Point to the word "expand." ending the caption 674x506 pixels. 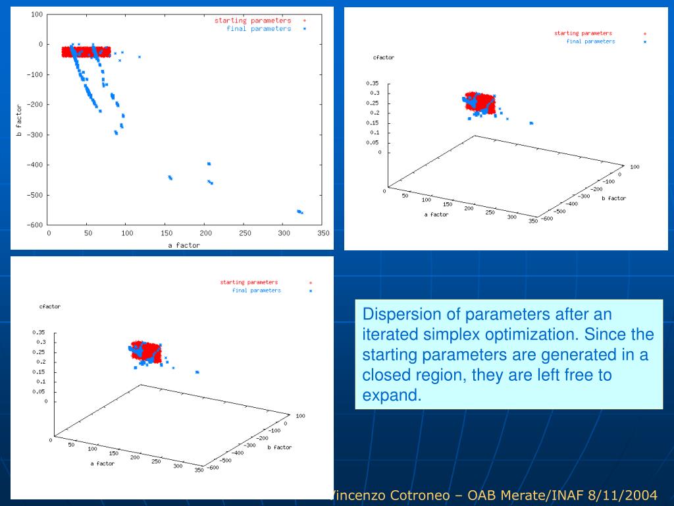pos(391,395)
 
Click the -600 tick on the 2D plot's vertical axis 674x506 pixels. pos(34,225)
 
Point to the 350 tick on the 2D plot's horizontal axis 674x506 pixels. pos(323,233)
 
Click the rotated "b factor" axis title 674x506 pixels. pos(19,119)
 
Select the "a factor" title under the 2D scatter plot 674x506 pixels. pos(184,245)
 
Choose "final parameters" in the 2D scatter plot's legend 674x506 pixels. pos(259,29)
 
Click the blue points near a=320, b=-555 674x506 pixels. pos(299,211)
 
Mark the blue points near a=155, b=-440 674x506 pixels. pos(170,177)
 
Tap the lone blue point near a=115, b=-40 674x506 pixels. pos(139,57)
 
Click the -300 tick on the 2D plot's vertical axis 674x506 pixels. pos(34,135)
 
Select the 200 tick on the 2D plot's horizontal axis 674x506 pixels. pos(205,233)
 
